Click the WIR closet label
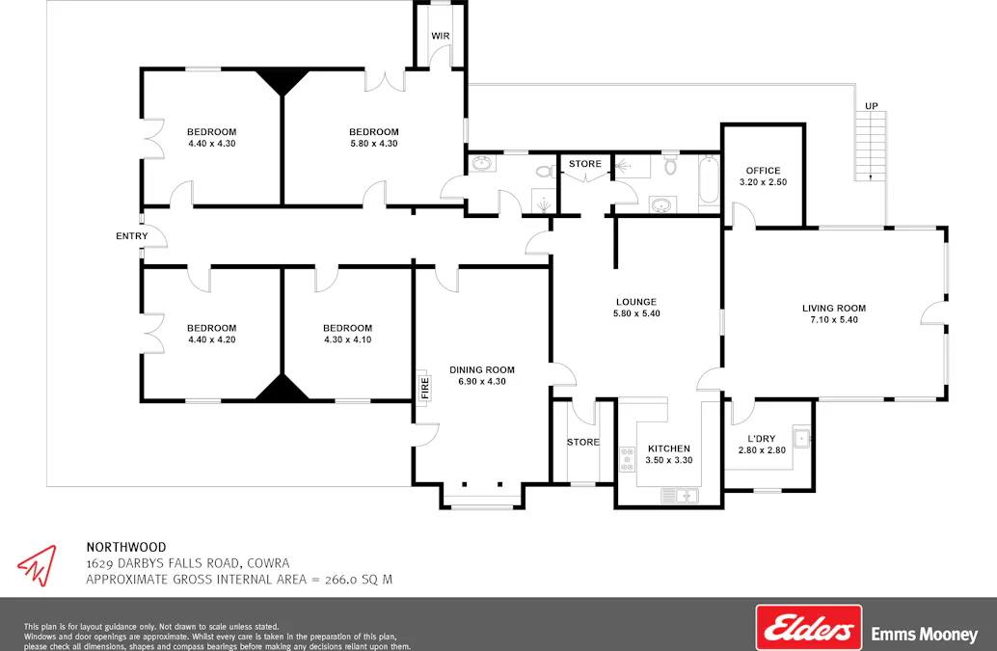pyautogui.click(x=441, y=36)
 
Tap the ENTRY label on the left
pyautogui.click(x=132, y=236)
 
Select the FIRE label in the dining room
pyautogui.click(x=424, y=388)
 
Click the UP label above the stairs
pyautogui.click(x=871, y=105)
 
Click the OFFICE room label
pyautogui.click(x=763, y=171)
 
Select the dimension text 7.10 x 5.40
pyautogui.click(x=834, y=320)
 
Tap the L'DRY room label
pyautogui.click(x=762, y=439)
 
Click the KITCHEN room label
pyautogui.click(x=669, y=448)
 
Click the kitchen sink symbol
pyautogui.click(x=680, y=496)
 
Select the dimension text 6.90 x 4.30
pyautogui.click(x=482, y=381)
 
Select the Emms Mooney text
pyautogui.click(x=924, y=635)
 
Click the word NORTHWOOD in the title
pyautogui.click(x=125, y=546)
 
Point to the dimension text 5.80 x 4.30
pyautogui.click(x=373, y=144)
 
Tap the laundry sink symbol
pyautogui.click(x=799, y=439)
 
